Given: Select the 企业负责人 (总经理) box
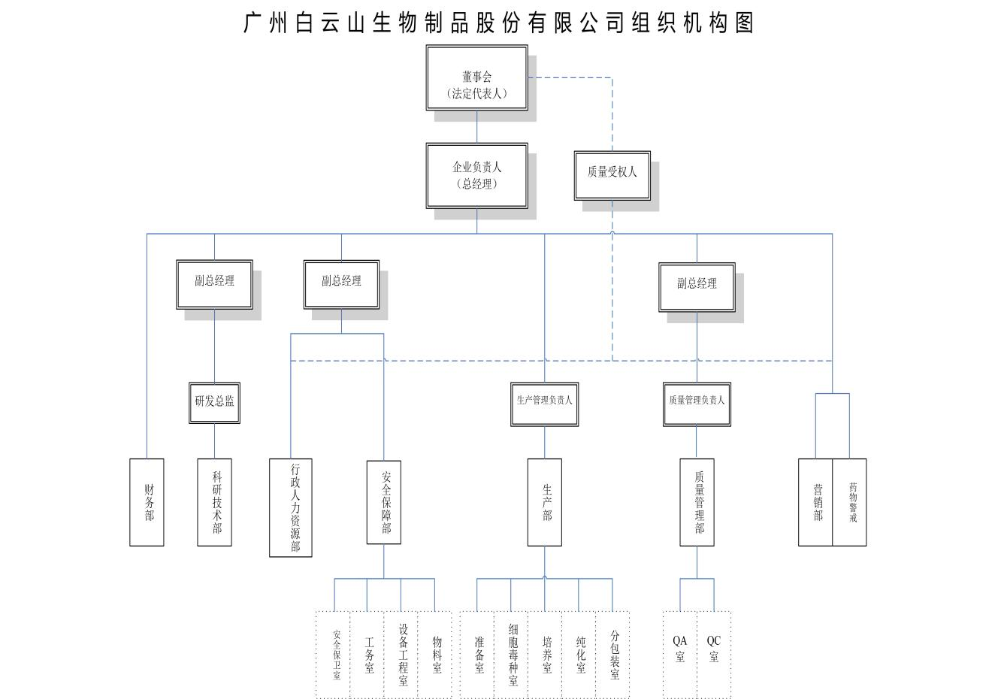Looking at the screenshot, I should (476, 176).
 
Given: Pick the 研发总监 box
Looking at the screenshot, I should (214, 402).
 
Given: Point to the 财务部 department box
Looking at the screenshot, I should (147, 501).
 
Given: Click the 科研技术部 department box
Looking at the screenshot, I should (214, 501).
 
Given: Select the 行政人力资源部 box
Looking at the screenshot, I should (291, 507).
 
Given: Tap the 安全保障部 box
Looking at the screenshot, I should (383, 501).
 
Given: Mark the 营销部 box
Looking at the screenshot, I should (815, 501).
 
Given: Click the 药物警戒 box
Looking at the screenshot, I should (850, 501).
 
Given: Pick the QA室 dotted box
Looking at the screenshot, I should (680, 654).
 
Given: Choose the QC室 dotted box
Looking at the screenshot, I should (714, 654).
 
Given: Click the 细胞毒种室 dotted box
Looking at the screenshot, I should (511, 654).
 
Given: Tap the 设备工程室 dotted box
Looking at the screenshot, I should (401, 654).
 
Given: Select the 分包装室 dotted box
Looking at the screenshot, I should (612, 654).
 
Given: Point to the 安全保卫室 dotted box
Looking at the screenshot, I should (334, 654).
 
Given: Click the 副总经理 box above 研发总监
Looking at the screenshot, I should (214, 284).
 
